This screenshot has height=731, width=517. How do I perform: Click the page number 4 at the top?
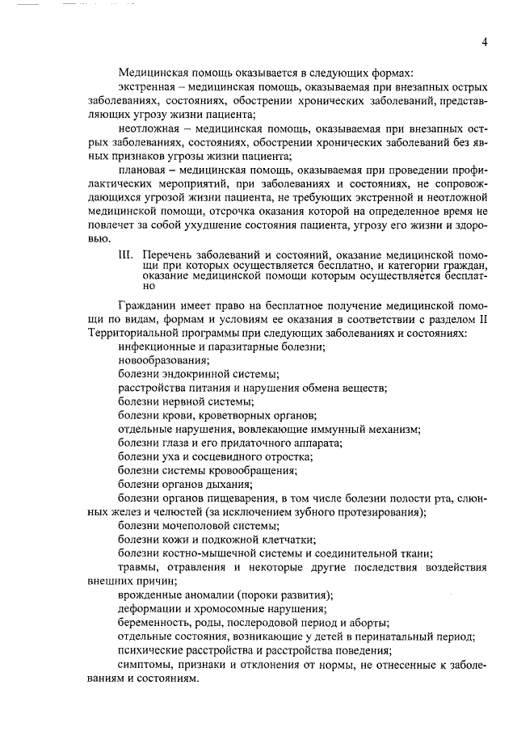(483, 42)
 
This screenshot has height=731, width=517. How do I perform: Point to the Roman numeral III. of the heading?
(126, 254)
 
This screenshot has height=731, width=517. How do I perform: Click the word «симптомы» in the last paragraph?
(141, 665)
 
